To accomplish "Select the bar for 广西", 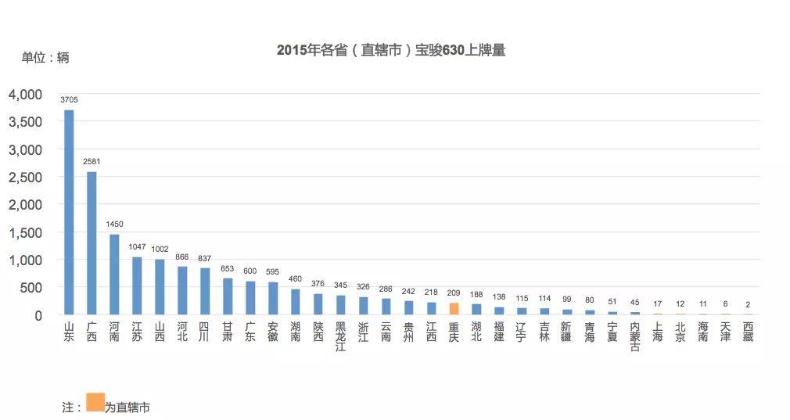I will click(x=92, y=242).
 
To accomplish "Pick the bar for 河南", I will click(x=114, y=274).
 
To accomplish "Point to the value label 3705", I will click(x=69, y=100).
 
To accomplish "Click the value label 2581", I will click(x=92, y=162).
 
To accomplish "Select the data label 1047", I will click(x=137, y=249).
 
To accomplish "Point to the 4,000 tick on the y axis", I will click(x=25, y=95).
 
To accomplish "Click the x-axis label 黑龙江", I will click(x=340, y=336).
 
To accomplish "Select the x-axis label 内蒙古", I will click(x=634, y=336).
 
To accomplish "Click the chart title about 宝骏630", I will click(x=391, y=51).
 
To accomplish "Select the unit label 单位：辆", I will click(x=45, y=58).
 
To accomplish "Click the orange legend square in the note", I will click(x=95, y=402).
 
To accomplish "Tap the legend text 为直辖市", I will click(x=127, y=407).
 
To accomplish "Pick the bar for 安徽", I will click(x=272, y=298).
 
